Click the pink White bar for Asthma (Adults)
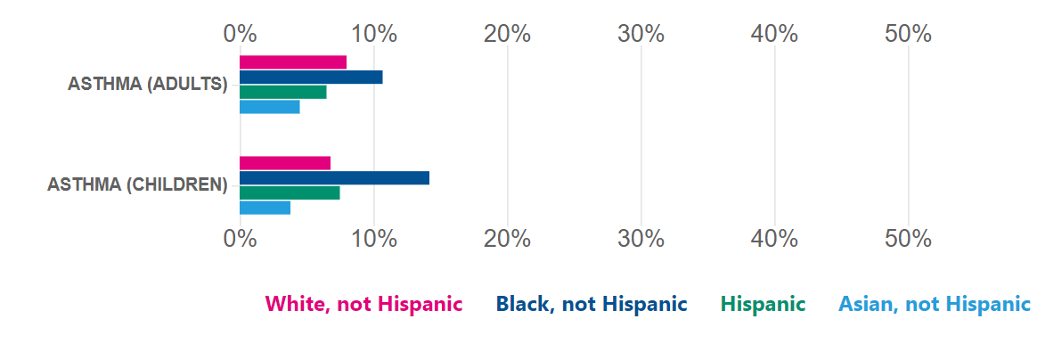[x=293, y=61]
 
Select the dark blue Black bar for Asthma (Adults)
[x=311, y=77]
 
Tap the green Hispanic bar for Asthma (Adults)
[x=283, y=92]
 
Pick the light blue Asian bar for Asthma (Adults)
[x=270, y=107]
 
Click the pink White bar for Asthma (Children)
[x=285, y=163]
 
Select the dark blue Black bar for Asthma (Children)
[x=335, y=177]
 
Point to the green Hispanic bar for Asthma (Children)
[x=290, y=192]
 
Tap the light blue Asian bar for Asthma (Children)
[x=265, y=208]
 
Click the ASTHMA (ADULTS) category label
[x=148, y=85]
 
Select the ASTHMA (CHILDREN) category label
[x=137, y=185]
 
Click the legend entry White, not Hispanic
[x=363, y=304]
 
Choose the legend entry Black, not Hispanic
[x=592, y=304]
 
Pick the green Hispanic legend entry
[x=763, y=304]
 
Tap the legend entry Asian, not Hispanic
[x=934, y=304]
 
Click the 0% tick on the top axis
[x=240, y=34]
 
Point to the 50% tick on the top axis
[x=908, y=34]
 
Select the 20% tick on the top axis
[x=507, y=34]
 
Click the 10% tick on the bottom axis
[x=373, y=239]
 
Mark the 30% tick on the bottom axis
[x=641, y=239]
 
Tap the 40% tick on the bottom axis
[x=774, y=239]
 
